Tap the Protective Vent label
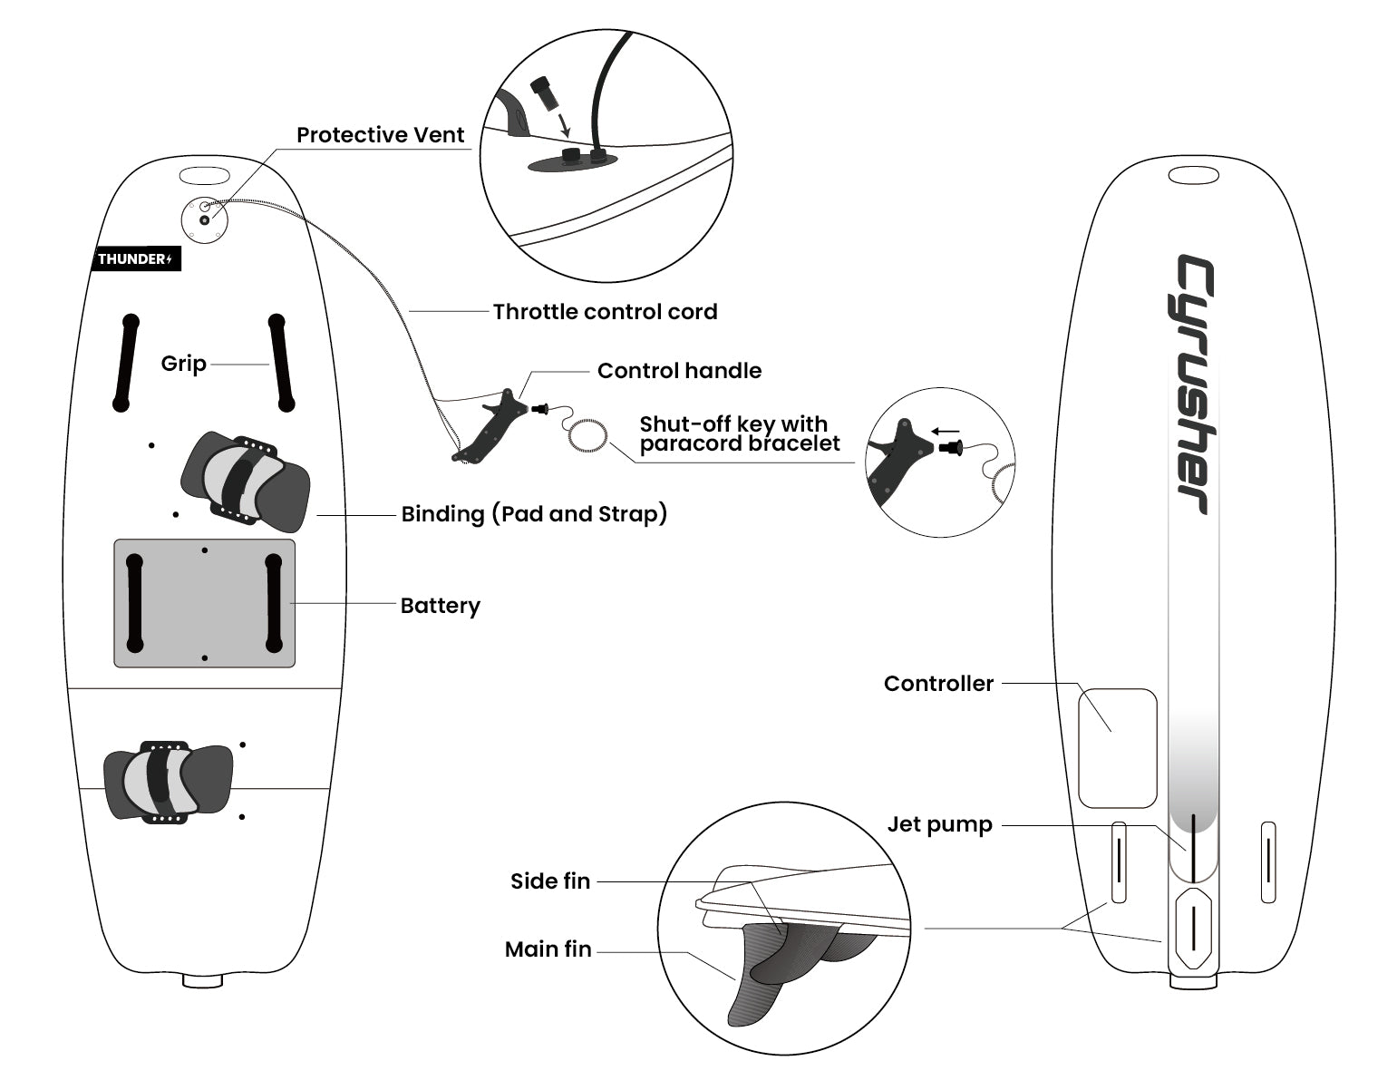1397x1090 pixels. (380, 135)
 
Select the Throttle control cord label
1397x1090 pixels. (605, 312)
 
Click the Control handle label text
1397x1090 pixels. (679, 371)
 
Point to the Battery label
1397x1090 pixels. (440, 606)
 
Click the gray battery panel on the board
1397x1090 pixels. (204, 603)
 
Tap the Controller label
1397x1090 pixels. (938, 684)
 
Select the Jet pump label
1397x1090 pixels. (939, 824)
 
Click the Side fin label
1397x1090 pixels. (549, 881)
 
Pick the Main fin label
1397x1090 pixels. (548, 949)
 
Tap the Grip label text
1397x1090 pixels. (183, 364)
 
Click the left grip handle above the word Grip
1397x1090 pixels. (125, 363)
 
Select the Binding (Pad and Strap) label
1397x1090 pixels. (534, 514)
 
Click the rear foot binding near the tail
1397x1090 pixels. (168, 781)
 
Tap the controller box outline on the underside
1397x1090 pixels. (1117, 748)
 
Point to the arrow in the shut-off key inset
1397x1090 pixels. (946, 432)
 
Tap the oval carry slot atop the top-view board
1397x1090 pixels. (205, 174)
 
